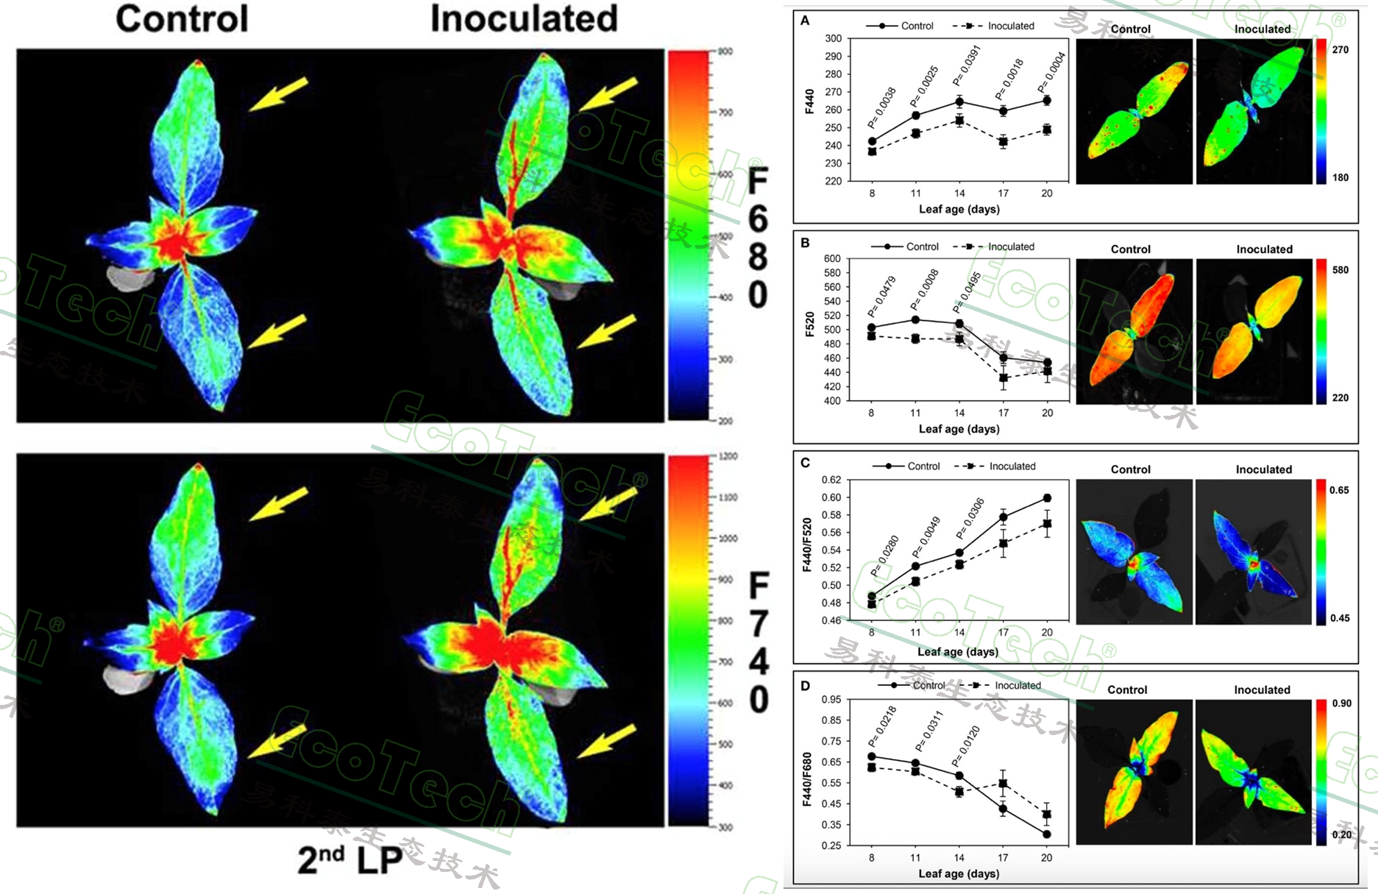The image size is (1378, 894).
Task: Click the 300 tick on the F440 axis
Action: pos(833,38)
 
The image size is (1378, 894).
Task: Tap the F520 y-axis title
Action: pos(810,324)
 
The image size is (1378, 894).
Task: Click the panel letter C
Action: pos(805,463)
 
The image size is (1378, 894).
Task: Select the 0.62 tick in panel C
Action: pos(831,480)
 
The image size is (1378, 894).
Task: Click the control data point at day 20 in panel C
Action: pos(1047,498)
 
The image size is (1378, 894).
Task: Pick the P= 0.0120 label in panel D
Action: pos(966,745)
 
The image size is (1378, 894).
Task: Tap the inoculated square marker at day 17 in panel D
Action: pos(1003,784)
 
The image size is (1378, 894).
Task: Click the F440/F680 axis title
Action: pos(807,779)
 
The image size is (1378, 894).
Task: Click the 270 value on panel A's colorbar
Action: pos(1340,50)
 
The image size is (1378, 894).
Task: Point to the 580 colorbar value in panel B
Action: pos(1340,270)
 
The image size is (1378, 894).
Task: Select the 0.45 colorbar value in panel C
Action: pos(1340,618)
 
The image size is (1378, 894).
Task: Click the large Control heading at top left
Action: pos(182,19)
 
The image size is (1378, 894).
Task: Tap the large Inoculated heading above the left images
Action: pos(524,19)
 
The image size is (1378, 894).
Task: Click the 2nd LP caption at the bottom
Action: pos(350,859)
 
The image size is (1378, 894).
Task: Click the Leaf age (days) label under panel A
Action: pos(959,209)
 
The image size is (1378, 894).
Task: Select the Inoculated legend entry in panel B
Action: pos(1010,246)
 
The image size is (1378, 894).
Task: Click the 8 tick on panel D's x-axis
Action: pos(872,857)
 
